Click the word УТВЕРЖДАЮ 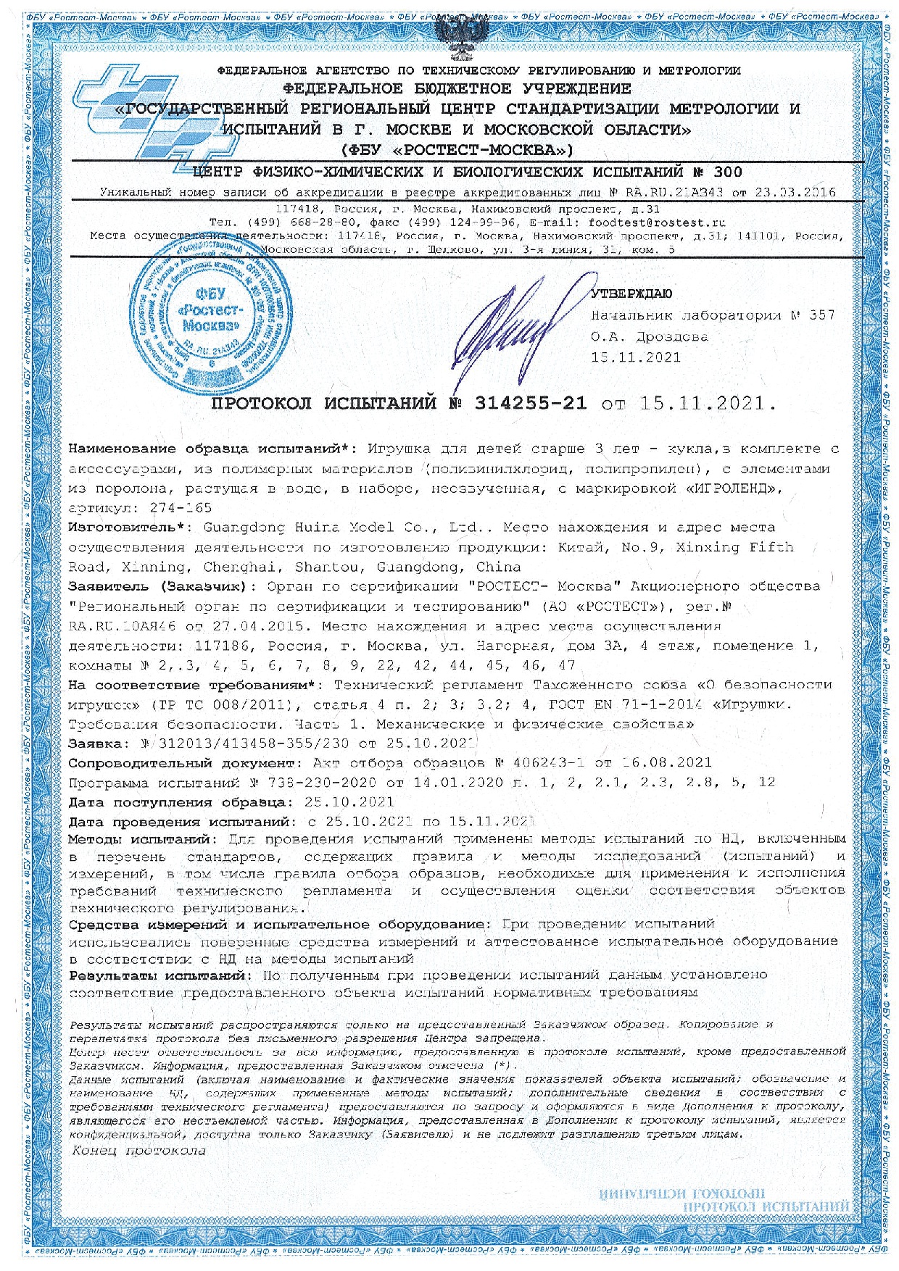click(x=631, y=293)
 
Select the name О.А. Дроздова click(x=650, y=336)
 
